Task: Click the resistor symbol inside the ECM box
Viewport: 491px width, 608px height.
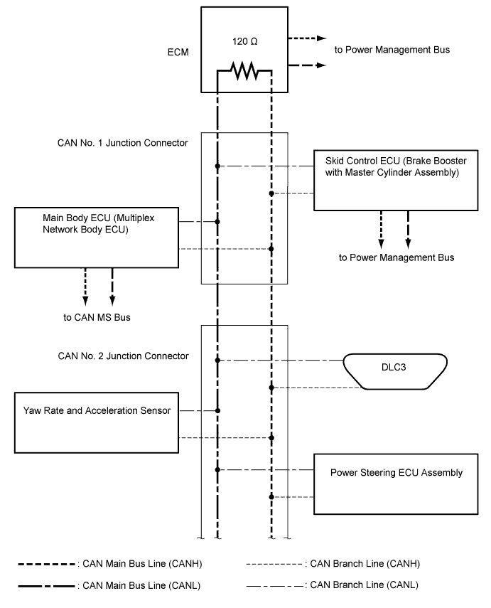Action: pyautogui.click(x=244, y=70)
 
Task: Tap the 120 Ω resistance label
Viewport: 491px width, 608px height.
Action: pyautogui.click(x=245, y=41)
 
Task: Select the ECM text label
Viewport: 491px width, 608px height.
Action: pyautogui.click(x=178, y=53)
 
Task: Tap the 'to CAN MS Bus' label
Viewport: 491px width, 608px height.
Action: pyautogui.click(x=97, y=318)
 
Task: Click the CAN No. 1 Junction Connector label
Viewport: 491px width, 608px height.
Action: pyautogui.click(x=122, y=143)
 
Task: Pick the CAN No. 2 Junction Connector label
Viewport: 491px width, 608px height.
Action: pyautogui.click(x=123, y=356)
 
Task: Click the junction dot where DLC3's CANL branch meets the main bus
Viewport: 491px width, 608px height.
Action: pyautogui.click(x=217, y=361)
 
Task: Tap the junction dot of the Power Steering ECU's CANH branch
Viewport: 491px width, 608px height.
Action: pyautogui.click(x=271, y=497)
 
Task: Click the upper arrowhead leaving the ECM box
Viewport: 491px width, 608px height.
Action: pyautogui.click(x=322, y=38)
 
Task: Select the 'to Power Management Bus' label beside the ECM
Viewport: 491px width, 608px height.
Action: pyautogui.click(x=392, y=50)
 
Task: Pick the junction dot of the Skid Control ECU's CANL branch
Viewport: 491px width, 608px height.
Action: pyautogui.click(x=217, y=166)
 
